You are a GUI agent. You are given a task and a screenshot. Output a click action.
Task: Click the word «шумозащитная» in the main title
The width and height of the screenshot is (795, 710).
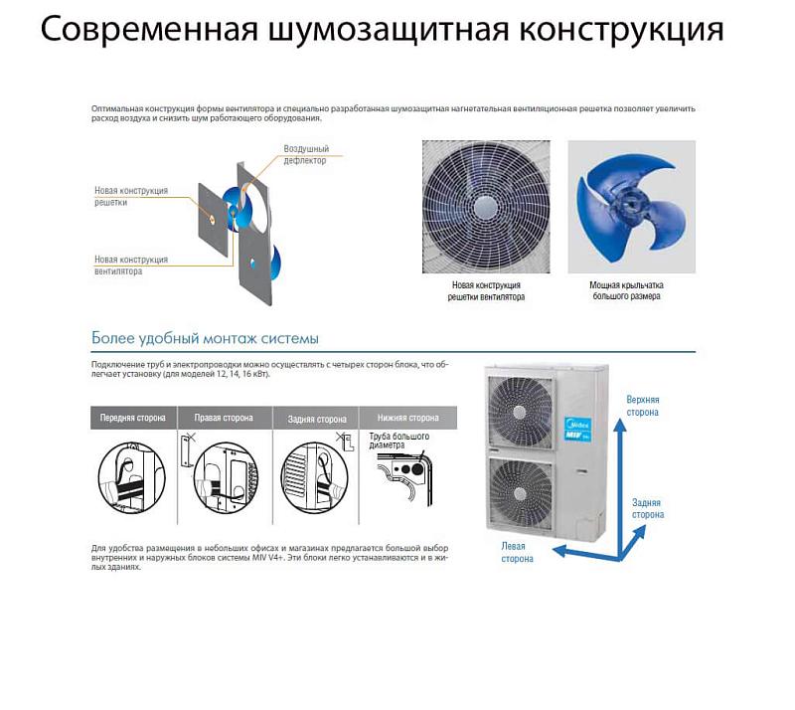[388, 30]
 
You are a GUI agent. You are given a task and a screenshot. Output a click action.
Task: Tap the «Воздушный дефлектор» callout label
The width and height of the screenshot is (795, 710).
[306, 154]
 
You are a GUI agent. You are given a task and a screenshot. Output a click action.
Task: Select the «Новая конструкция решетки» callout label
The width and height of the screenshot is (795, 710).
[131, 196]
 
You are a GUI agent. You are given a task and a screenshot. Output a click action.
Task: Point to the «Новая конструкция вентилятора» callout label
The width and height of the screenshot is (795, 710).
[131, 265]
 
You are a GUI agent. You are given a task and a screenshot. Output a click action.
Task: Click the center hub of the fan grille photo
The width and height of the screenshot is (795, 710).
[486, 207]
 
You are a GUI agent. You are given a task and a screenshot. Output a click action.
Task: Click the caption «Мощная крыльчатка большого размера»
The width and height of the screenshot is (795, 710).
[626, 290]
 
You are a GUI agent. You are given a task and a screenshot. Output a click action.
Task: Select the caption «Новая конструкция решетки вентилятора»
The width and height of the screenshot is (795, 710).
[486, 290]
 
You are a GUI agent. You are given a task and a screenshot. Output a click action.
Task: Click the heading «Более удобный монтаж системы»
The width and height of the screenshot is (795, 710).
[205, 338]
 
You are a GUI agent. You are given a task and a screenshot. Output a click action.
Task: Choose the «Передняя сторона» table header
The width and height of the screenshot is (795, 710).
[133, 418]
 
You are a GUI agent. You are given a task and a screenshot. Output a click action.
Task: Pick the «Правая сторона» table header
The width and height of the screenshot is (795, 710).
[224, 418]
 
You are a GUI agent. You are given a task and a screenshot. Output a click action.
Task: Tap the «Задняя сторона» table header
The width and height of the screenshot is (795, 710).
[317, 419]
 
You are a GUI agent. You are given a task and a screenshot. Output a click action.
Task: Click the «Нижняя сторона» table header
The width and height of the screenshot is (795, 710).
[408, 418]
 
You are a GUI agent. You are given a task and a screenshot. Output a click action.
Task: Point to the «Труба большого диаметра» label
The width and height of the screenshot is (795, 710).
[399, 441]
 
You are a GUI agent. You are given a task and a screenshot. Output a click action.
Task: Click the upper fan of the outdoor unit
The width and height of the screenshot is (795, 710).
[520, 412]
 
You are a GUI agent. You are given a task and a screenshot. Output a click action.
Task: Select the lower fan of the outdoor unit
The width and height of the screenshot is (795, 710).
[520, 494]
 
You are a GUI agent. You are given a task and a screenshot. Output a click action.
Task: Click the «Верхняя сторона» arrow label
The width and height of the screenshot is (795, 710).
[642, 406]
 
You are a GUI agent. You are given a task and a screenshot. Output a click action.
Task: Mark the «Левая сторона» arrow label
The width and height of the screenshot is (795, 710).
[517, 552]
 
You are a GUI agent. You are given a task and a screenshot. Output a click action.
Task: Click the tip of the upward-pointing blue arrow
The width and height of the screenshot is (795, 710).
[619, 420]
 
